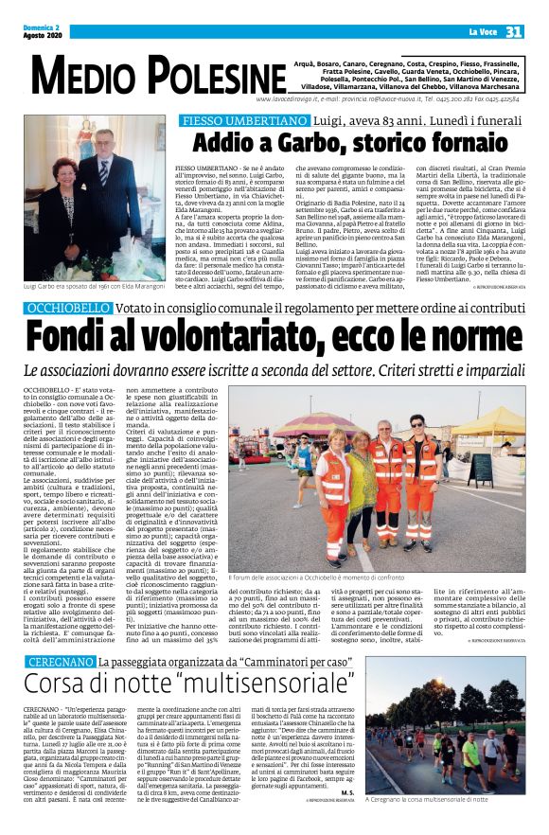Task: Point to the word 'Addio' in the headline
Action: pyautogui.click(x=222, y=142)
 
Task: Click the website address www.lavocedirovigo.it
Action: pyautogui.click(x=287, y=98)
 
